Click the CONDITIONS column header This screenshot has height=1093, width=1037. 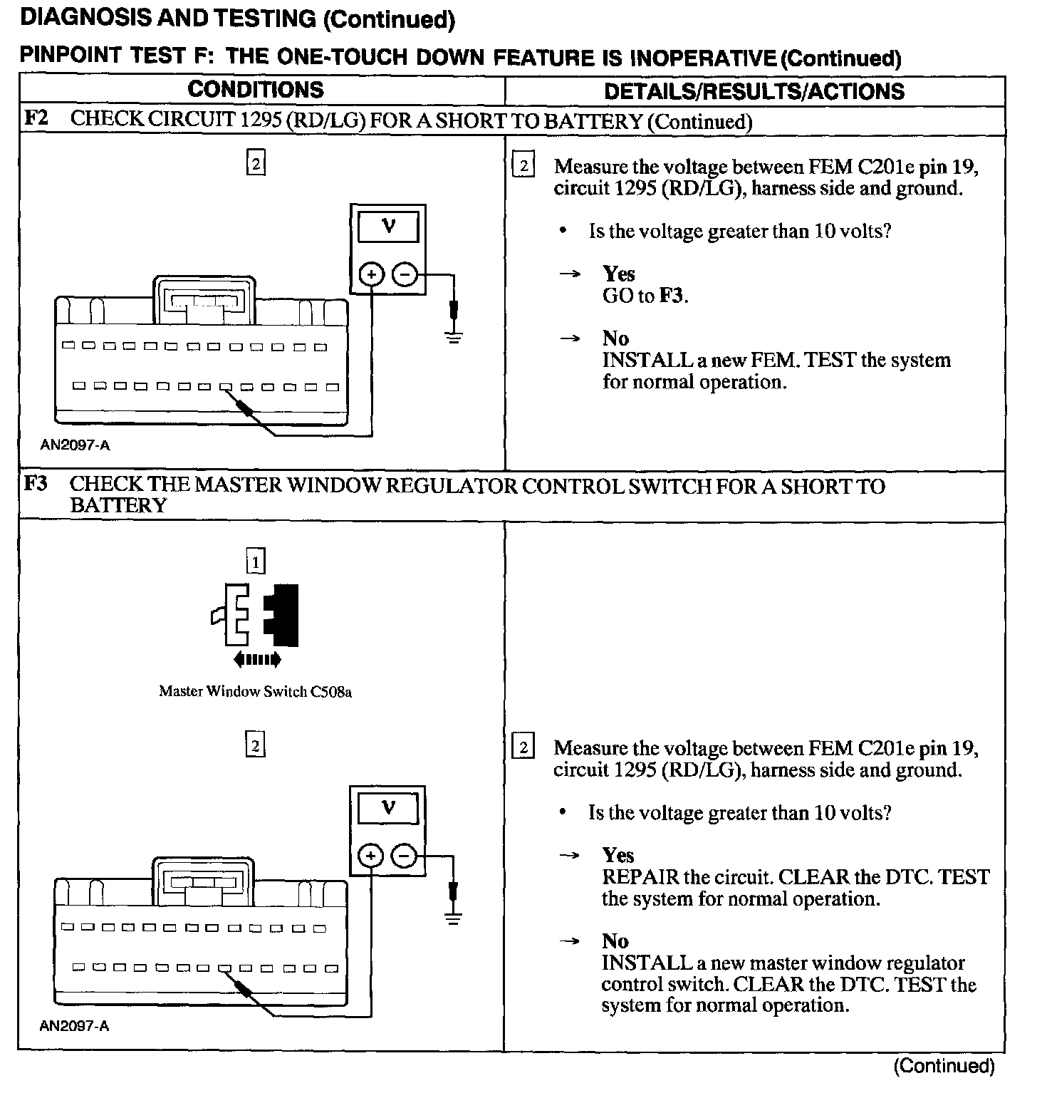[x=255, y=90]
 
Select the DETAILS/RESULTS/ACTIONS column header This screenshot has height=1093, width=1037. [x=754, y=91]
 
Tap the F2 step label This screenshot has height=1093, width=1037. [x=36, y=118]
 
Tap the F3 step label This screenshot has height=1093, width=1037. [x=36, y=485]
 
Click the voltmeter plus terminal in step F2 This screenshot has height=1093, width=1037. [x=371, y=274]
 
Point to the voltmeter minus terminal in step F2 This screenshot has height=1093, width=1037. [x=405, y=274]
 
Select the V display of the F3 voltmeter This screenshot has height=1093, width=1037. [x=388, y=809]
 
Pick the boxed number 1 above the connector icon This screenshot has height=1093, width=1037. [x=255, y=562]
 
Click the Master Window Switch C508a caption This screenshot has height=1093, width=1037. [x=255, y=691]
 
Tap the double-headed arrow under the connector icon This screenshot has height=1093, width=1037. [x=257, y=660]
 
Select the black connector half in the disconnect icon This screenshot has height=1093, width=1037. [x=283, y=615]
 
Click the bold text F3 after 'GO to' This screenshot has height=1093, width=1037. [x=672, y=296]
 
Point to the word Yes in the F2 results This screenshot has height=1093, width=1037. [x=618, y=274]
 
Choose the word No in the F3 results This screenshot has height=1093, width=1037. [x=615, y=941]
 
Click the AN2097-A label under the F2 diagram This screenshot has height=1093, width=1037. [x=75, y=446]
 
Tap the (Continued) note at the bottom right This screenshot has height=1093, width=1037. [x=944, y=1066]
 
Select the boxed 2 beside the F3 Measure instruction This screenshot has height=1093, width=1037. [x=523, y=747]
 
